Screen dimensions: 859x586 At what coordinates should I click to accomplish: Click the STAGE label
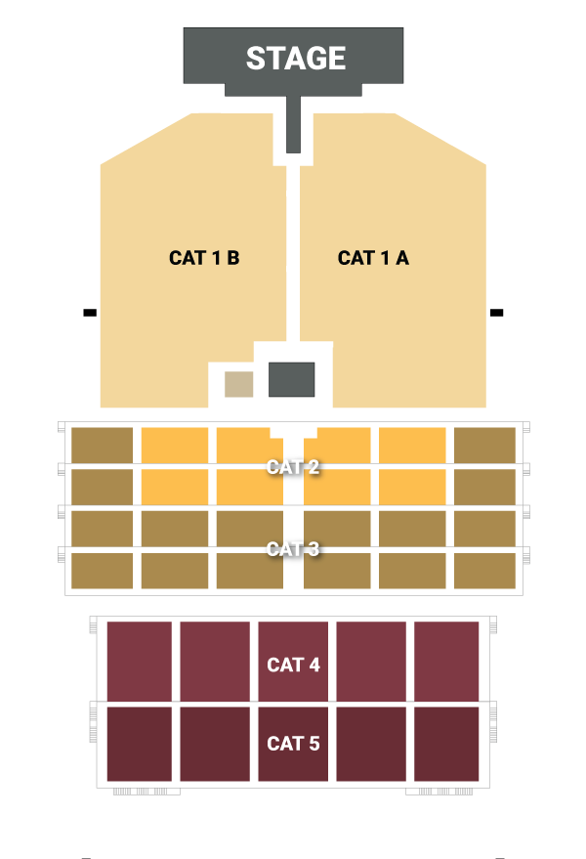pyautogui.click(x=295, y=59)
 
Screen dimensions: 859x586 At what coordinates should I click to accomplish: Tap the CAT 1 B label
pyautogui.click(x=204, y=258)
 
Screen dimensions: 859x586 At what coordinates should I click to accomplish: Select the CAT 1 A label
pyautogui.click(x=373, y=258)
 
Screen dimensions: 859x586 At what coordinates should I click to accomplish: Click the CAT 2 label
pyautogui.click(x=293, y=467)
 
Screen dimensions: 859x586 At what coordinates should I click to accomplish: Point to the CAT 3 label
pyautogui.click(x=293, y=549)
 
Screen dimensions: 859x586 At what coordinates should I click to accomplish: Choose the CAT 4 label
pyautogui.click(x=293, y=666)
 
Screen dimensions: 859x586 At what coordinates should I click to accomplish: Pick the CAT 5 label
pyautogui.click(x=293, y=744)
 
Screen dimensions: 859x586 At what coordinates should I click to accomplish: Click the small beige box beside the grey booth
pyautogui.click(x=239, y=384)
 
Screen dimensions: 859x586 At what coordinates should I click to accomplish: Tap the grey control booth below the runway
pyautogui.click(x=291, y=379)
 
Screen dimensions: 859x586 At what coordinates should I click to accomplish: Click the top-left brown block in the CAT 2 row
pyautogui.click(x=102, y=445)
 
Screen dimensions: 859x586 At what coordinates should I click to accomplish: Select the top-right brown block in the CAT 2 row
pyautogui.click(x=484, y=445)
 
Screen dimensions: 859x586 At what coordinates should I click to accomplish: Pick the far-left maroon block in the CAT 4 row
pyautogui.click(x=139, y=661)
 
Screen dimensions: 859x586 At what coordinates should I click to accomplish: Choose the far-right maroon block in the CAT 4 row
pyautogui.click(x=446, y=661)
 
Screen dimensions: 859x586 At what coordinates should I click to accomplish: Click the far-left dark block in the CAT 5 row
pyautogui.click(x=139, y=744)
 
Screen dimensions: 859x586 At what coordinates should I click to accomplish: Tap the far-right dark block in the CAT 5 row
pyautogui.click(x=446, y=744)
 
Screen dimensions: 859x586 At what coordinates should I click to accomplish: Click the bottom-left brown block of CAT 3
pyautogui.click(x=102, y=571)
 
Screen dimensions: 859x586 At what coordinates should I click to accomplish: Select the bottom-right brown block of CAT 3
pyautogui.click(x=484, y=571)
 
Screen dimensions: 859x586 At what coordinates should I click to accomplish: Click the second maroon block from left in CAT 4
pyautogui.click(x=215, y=661)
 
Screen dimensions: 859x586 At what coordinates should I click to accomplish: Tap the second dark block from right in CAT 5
pyautogui.click(x=371, y=744)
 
